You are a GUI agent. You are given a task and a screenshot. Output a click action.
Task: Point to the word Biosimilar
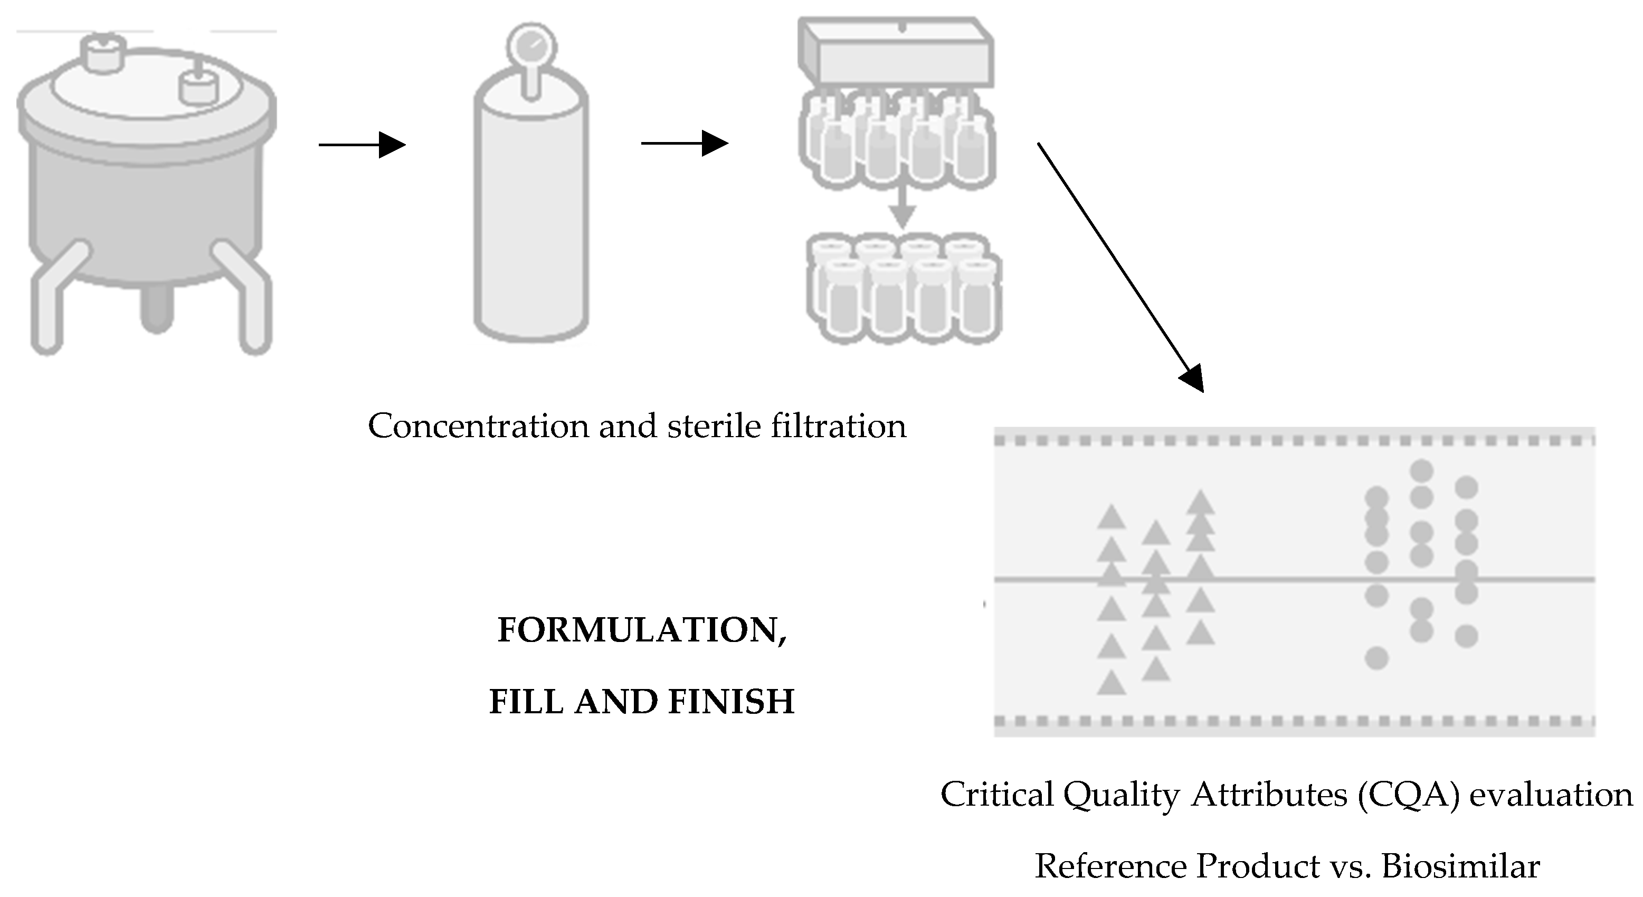click(x=1460, y=866)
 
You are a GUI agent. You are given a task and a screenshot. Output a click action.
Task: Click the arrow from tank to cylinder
click(x=362, y=145)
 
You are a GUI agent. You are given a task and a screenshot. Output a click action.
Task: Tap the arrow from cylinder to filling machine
click(x=683, y=144)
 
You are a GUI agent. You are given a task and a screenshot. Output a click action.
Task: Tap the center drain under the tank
click(x=156, y=309)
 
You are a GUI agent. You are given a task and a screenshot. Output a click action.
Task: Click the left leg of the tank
click(x=54, y=300)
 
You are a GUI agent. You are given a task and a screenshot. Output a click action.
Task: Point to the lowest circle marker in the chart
click(x=1376, y=658)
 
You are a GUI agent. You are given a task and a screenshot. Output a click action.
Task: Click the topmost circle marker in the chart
click(x=1422, y=471)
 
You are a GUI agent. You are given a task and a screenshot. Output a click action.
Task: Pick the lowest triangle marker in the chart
click(x=1111, y=683)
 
